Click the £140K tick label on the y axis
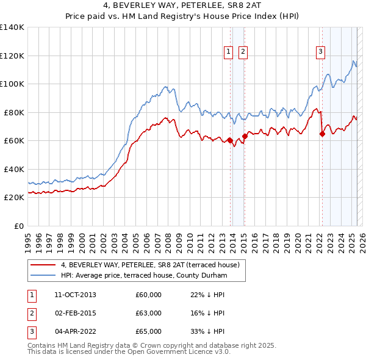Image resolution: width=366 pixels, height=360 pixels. pos(12,27)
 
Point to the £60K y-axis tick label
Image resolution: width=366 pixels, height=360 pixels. pos(14,141)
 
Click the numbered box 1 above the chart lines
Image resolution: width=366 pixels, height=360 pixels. pos(228,52)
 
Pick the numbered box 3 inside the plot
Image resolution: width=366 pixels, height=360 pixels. pos(320,52)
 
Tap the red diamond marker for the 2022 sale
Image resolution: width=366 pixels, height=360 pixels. pos(322,135)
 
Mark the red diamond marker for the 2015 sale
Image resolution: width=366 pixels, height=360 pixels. pos(245,137)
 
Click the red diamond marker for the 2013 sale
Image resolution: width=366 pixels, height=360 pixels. pos(231,141)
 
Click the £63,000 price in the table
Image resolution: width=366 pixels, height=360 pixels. pos(149,313)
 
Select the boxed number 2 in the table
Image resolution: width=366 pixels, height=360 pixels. pos(30,313)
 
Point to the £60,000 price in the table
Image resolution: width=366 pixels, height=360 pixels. pos(149,295)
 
